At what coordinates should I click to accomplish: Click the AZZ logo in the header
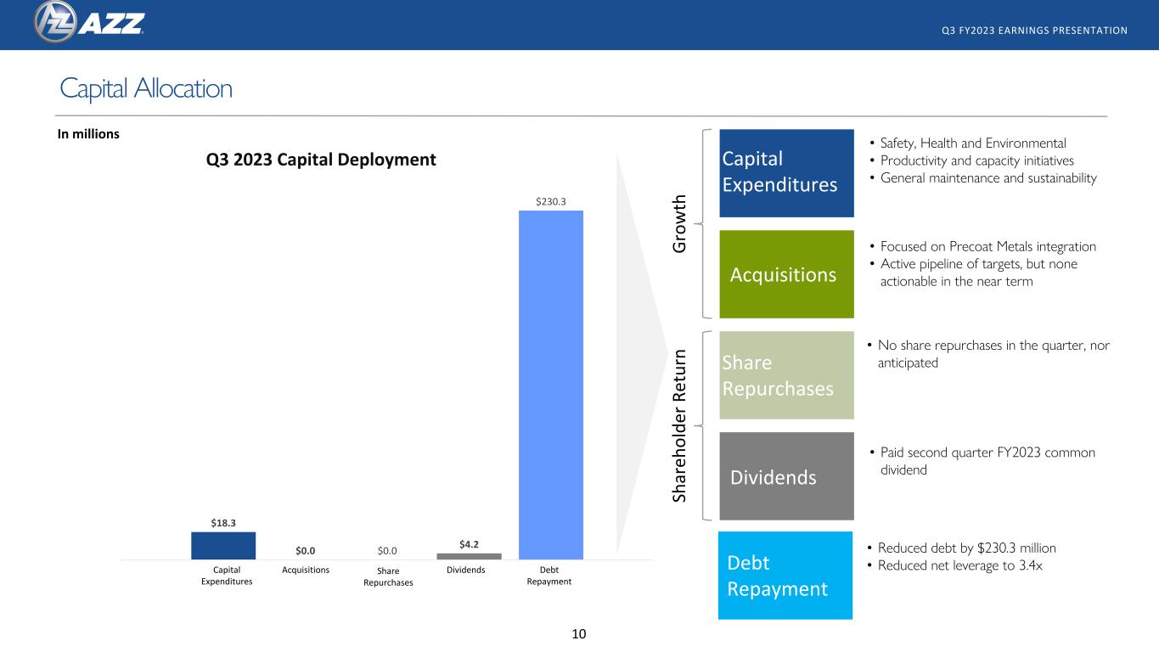click(89, 22)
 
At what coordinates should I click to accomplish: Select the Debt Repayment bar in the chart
click(551, 385)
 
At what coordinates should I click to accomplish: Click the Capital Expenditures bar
click(223, 545)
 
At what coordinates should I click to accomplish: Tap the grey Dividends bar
click(469, 556)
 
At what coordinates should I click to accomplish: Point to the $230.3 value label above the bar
click(550, 201)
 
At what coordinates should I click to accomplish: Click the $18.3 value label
click(223, 523)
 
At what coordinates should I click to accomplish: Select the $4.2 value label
click(469, 544)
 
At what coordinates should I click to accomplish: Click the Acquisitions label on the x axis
click(306, 570)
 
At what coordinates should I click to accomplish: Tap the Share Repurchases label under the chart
click(388, 576)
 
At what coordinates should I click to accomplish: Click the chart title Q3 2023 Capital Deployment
click(321, 160)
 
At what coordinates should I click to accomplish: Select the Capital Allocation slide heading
click(146, 88)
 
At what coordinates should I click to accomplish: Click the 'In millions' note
click(88, 134)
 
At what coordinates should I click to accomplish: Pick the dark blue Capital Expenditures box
click(786, 173)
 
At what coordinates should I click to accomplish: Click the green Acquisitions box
click(786, 274)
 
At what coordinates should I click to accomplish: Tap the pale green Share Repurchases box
click(786, 375)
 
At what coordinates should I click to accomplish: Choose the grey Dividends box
click(786, 476)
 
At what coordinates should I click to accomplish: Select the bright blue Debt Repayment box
click(785, 576)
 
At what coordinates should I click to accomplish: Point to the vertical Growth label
click(679, 223)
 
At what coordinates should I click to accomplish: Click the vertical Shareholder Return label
click(679, 426)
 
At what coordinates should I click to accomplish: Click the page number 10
click(579, 634)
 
